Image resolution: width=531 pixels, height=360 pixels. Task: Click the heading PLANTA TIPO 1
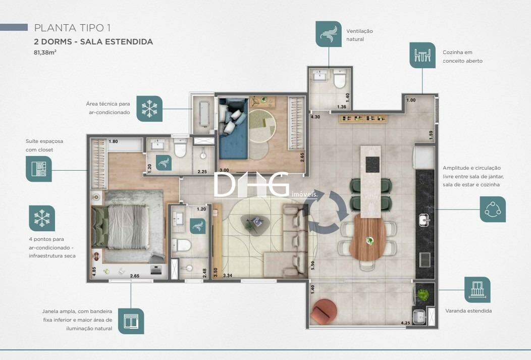tap(73, 28)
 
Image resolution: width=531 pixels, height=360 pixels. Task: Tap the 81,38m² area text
tap(45, 53)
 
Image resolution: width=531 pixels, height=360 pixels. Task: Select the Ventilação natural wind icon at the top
tap(329, 34)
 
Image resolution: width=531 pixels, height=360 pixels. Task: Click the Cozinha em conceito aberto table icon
tap(422, 55)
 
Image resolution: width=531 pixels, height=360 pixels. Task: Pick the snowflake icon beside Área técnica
tap(149, 109)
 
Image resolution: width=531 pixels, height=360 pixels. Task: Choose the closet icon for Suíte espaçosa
tap(38, 169)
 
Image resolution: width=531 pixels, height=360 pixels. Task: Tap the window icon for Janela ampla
tap(131, 321)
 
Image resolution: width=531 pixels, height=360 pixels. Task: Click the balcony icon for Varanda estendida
tap(477, 289)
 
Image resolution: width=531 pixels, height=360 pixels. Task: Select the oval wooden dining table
tap(367, 237)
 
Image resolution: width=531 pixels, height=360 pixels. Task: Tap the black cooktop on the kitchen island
tap(373, 165)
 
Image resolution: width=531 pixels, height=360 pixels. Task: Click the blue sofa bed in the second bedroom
tap(233, 129)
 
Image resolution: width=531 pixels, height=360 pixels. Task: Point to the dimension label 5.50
tap(312, 265)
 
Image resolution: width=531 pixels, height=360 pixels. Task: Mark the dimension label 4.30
tap(315, 117)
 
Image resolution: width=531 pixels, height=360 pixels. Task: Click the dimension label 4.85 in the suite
tap(94, 271)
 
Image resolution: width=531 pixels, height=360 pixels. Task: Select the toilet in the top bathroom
tap(340, 79)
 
